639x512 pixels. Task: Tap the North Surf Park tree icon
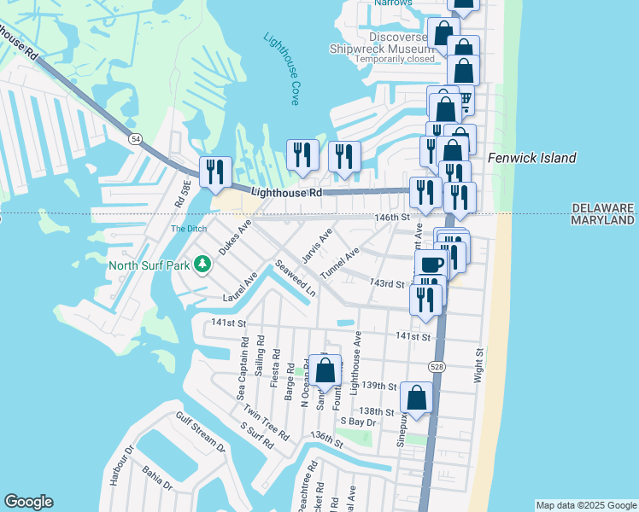[x=202, y=264]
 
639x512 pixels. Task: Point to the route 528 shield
[x=437, y=366]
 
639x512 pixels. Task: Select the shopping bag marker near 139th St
[x=325, y=370]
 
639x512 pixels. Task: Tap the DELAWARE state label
[x=602, y=208]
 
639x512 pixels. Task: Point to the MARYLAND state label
[x=602, y=220]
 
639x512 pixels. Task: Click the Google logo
[x=28, y=502]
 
